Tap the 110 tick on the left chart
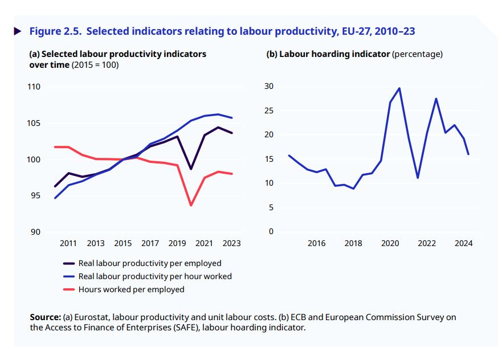(35, 87)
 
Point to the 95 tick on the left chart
(36, 195)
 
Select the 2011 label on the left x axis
(68, 243)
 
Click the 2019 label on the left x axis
(177, 243)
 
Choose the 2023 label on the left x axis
(231, 243)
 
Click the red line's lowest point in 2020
(191, 205)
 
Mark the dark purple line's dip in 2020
(191, 169)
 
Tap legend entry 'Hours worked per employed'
(131, 289)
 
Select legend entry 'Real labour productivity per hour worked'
(155, 276)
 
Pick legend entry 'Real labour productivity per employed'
(150, 263)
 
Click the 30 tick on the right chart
(268, 86)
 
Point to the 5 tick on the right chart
(271, 207)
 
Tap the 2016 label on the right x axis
(316, 243)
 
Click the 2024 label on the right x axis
(463, 243)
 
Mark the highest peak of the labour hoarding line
(399, 88)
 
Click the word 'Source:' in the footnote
(45, 317)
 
